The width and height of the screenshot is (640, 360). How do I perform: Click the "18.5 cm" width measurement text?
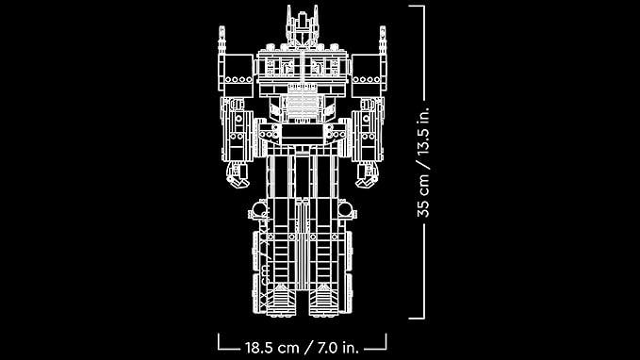[x=272, y=348]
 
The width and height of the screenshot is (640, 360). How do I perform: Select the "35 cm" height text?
[x=423, y=195]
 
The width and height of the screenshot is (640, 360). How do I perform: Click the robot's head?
[x=302, y=27]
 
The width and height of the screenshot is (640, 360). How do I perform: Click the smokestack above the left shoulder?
[x=222, y=40]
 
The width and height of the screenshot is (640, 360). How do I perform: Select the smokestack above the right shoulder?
[x=383, y=40]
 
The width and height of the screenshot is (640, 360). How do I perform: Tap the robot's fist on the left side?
[x=238, y=174]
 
